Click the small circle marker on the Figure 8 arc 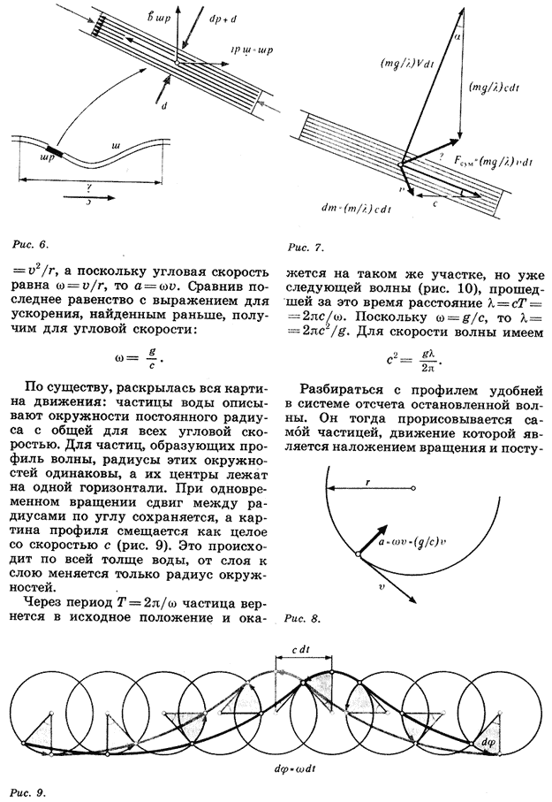(358, 554)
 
